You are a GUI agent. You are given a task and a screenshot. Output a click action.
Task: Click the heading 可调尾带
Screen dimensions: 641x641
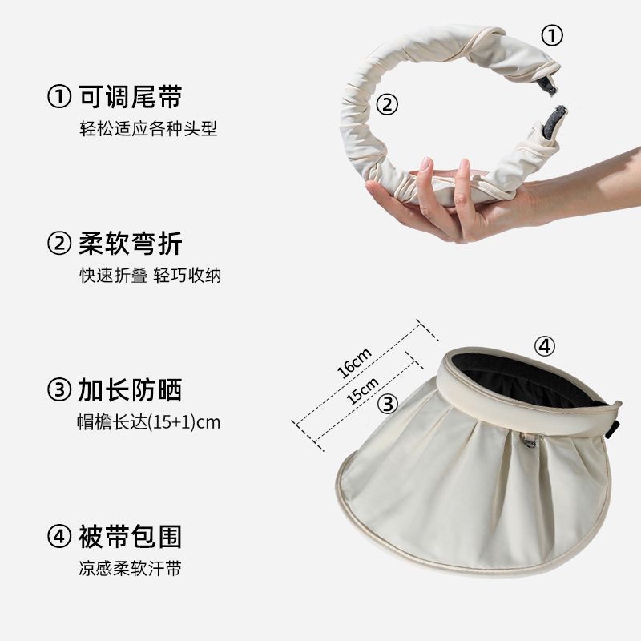pyautogui.click(x=131, y=97)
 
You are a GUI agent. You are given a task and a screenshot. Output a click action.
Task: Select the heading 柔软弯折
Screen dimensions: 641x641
pyautogui.click(x=131, y=244)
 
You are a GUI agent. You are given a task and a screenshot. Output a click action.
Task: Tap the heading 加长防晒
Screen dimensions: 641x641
pyautogui.click(x=130, y=390)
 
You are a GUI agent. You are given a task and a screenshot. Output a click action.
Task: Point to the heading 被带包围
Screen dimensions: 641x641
pyautogui.click(x=131, y=536)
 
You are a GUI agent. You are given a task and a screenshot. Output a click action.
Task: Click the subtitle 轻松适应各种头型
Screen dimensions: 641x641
pyautogui.click(x=148, y=128)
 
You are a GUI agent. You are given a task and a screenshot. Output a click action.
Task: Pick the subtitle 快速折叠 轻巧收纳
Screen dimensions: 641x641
pyautogui.click(x=150, y=275)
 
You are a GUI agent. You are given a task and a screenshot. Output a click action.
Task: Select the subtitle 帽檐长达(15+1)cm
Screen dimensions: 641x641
pyautogui.click(x=149, y=422)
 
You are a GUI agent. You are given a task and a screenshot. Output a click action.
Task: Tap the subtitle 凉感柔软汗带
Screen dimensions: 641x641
pyautogui.click(x=130, y=568)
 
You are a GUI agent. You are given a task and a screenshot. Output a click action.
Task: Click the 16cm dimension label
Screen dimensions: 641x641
pyautogui.click(x=354, y=363)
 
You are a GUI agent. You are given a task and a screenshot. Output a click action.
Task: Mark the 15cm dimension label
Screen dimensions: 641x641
pyautogui.click(x=362, y=391)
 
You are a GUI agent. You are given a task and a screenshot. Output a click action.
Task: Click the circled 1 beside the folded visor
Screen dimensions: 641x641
pyautogui.click(x=552, y=35)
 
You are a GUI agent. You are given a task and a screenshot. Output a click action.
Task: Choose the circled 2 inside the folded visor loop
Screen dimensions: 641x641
pyautogui.click(x=387, y=104)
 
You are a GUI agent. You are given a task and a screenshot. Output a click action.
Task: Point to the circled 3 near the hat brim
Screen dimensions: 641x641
pyautogui.click(x=387, y=404)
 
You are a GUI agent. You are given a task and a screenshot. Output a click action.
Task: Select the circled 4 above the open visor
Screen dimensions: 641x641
pyautogui.click(x=545, y=347)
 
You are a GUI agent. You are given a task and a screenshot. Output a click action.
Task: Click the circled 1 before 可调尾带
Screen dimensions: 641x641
pyautogui.click(x=59, y=97)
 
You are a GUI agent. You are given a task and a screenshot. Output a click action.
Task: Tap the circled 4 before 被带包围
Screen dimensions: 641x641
pyautogui.click(x=59, y=537)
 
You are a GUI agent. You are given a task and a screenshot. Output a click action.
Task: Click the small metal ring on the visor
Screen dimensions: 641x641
pyautogui.click(x=529, y=441)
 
